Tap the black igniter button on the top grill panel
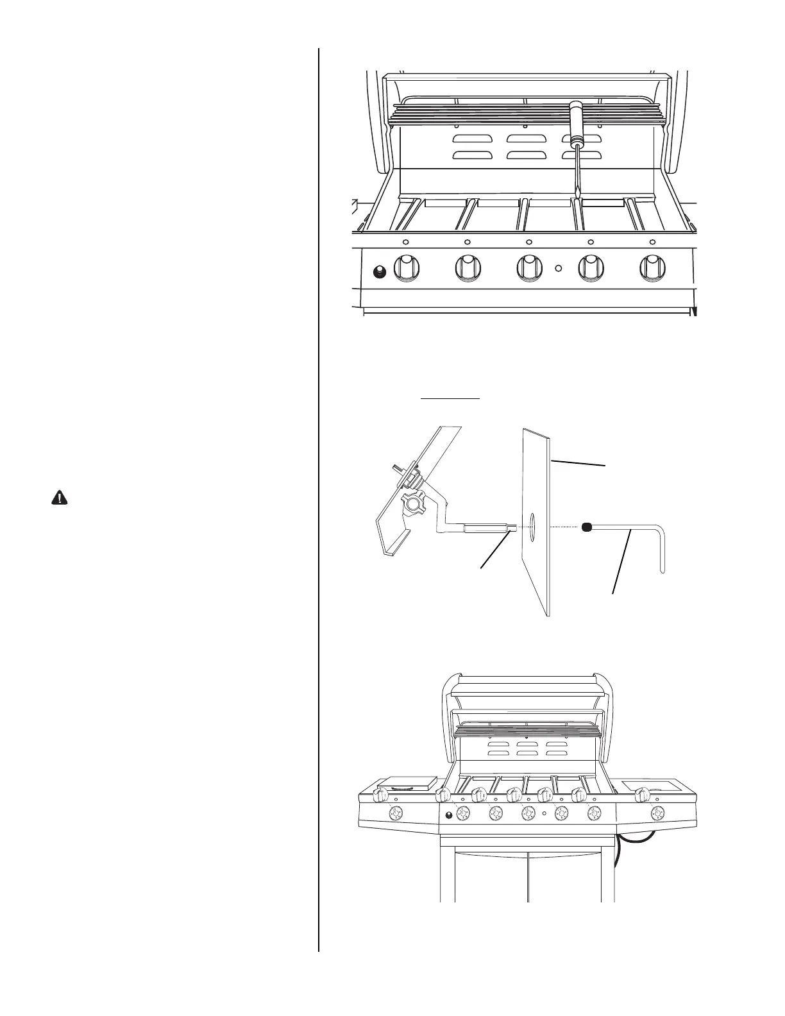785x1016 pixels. click(x=379, y=273)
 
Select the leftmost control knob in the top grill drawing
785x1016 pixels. click(x=405, y=269)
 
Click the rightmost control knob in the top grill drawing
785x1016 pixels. click(x=652, y=269)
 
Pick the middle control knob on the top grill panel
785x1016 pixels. click(x=529, y=269)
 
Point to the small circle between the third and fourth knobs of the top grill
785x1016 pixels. click(x=559, y=269)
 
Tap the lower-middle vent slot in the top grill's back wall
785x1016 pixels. click(x=526, y=155)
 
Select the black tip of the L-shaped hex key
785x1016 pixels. click(x=586, y=527)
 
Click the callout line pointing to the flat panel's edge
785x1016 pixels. click(x=579, y=462)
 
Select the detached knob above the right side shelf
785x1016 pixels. click(x=639, y=796)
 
